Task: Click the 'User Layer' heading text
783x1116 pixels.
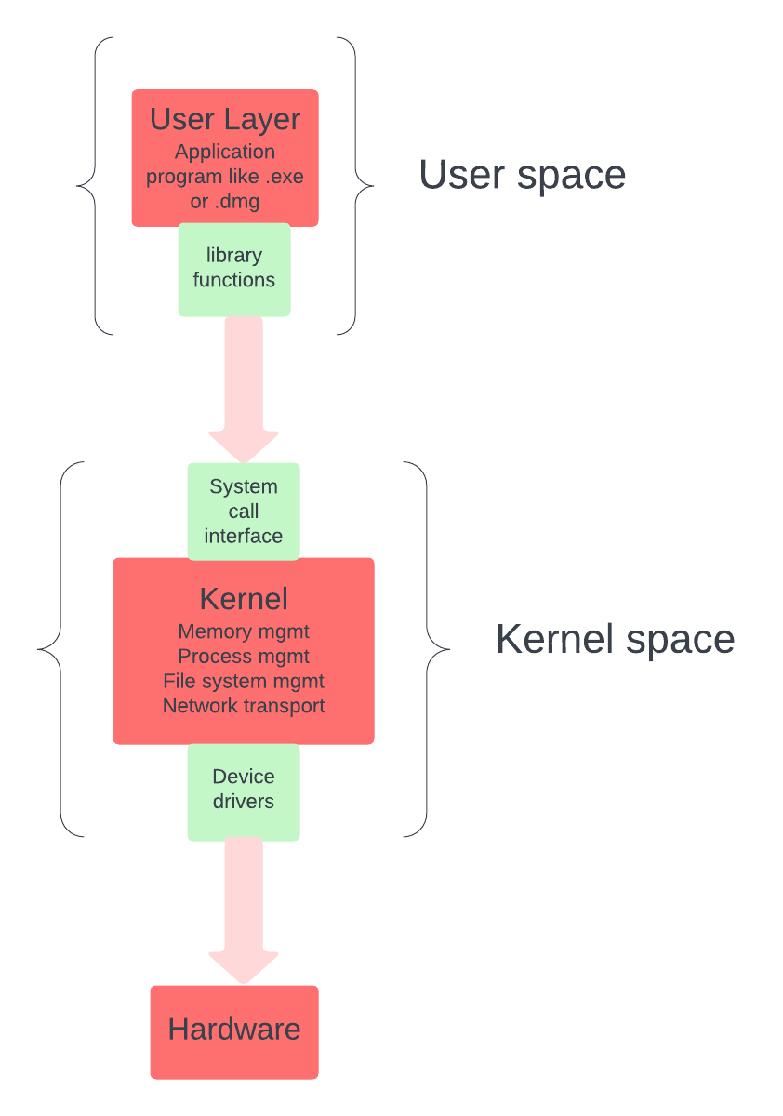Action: (225, 120)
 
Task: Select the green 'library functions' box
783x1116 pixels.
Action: (234, 269)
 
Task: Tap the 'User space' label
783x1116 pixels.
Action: (522, 176)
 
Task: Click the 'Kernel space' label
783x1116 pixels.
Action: (615, 640)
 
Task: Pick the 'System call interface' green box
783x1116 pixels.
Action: (244, 511)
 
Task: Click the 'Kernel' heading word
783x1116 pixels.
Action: (244, 598)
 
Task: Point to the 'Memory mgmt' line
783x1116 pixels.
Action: (244, 632)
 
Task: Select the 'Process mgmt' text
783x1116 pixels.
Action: (244, 657)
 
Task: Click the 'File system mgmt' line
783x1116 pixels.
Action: (244, 681)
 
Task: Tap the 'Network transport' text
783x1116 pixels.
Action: (244, 705)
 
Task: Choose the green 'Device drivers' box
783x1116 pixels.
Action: (244, 790)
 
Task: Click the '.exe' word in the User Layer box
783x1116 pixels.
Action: (284, 177)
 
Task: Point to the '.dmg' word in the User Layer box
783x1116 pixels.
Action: (238, 201)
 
